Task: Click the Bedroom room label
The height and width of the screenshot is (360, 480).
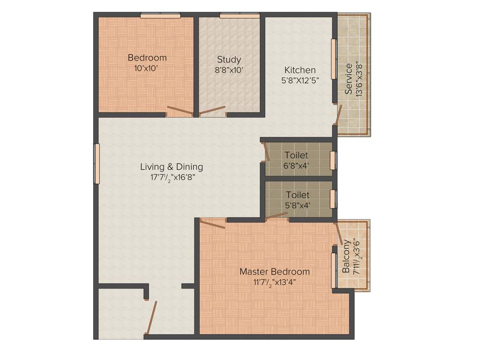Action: point(147,58)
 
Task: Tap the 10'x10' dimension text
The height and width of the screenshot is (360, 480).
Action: point(147,68)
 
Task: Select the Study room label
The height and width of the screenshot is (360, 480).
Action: point(229,60)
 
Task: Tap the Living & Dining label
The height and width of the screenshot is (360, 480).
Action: point(172,166)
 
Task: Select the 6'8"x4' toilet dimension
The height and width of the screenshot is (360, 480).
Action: point(296,165)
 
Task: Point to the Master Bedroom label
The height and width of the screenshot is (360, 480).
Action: point(275,271)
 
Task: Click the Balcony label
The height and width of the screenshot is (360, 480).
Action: point(346,256)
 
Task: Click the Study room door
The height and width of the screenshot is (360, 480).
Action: point(212,112)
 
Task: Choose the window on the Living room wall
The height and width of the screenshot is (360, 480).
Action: point(97,164)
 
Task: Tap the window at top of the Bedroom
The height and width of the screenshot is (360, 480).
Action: point(160,16)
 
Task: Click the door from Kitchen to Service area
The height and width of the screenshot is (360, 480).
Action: point(339,114)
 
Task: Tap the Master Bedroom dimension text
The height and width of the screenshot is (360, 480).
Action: point(275,282)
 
